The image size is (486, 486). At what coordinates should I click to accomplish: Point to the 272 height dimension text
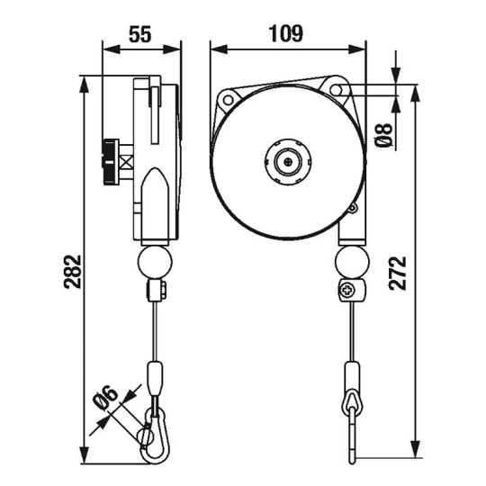400,269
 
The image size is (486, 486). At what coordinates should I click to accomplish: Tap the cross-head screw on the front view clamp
346,291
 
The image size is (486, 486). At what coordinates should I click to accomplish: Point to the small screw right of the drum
354,210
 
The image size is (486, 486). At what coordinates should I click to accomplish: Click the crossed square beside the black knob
127,163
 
